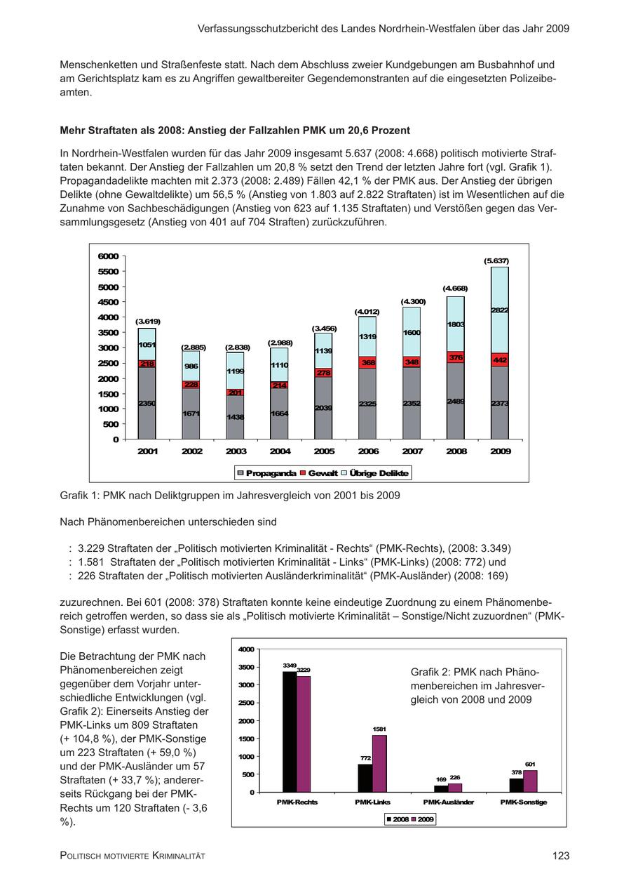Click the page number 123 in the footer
coord(560,855)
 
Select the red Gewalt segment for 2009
coord(500,359)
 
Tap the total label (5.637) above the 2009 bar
coord(496,260)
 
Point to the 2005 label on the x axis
coord(324,451)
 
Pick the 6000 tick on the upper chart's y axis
coord(109,256)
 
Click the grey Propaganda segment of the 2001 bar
coord(147,404)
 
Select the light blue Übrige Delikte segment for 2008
coord(456,324)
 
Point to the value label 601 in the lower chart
coord(530,765)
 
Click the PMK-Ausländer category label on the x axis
coord(448,802)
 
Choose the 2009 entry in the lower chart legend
coord(423,819)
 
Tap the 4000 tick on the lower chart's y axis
coord(246,649)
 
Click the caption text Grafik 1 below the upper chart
coord(79,496)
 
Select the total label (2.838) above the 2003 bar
coord(236,348)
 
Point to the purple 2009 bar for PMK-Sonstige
coord(530,781)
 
